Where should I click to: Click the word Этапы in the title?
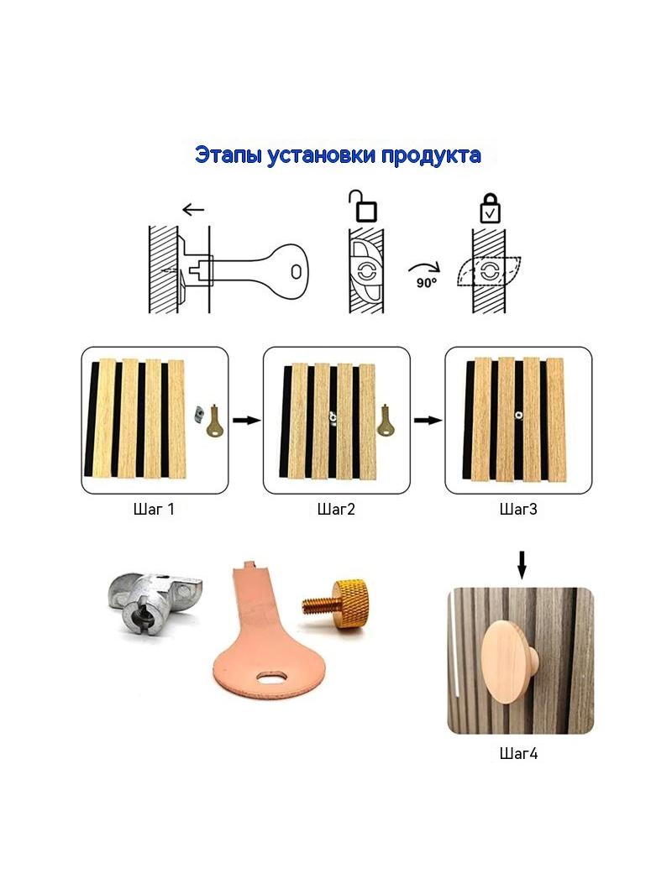(x=228, y=155)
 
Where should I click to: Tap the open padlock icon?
(x=364, y=206)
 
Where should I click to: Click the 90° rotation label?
(x=426, y=282)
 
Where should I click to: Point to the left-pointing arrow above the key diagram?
(x=193, y=210)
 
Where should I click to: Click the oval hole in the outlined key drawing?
(x=296, y=272)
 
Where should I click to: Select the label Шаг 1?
(x=154, y=509)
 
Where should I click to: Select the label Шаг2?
(x=336, y=509)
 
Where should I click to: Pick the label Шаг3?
(x=517, y=509)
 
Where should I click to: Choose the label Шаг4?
(x=518, y=753)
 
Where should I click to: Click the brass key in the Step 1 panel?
(x=215, y=421)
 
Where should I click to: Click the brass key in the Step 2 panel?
(x=386, y=421)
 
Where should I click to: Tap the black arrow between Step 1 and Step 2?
(x=247, y=421)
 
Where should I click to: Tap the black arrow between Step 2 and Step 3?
(x=428, y=421)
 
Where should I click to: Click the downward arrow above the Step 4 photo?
(x=522, y=564)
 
